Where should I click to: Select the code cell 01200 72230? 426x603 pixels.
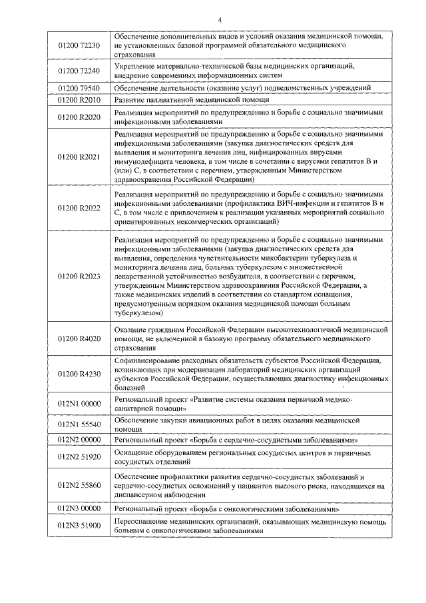pyautogui.click(x=79, y=45)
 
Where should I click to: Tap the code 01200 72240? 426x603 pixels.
pyautogui.click(x=79, y=71)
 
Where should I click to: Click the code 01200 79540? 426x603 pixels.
pyautogui.click(x=79, y=88)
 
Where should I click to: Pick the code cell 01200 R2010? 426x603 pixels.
pyautogui.click(x=79, y=100)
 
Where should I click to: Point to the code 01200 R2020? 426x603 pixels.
pyautogui.click(x=79, y=117)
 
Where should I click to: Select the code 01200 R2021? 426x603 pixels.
pyautogui.click(x=79, y=157)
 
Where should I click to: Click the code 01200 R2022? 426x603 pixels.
pyautogui.click(x=79, y=208)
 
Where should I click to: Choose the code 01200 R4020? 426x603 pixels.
pyautogui.click(x=79, y=338)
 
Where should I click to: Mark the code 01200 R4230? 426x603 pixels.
pyautogui.click(x=79, y=373)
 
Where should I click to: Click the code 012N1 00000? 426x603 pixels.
pyautogui.click(x=79, y=403)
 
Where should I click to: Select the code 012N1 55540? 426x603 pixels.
pyautogui.click(x=79, y=424)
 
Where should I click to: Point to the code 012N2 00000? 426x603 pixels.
pyautogui.click(x=79, y=440)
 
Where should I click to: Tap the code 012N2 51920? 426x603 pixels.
pyautogui.click(x=79, y=457)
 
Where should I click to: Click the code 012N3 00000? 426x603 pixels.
pyautogui.click(x=79, y=509)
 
